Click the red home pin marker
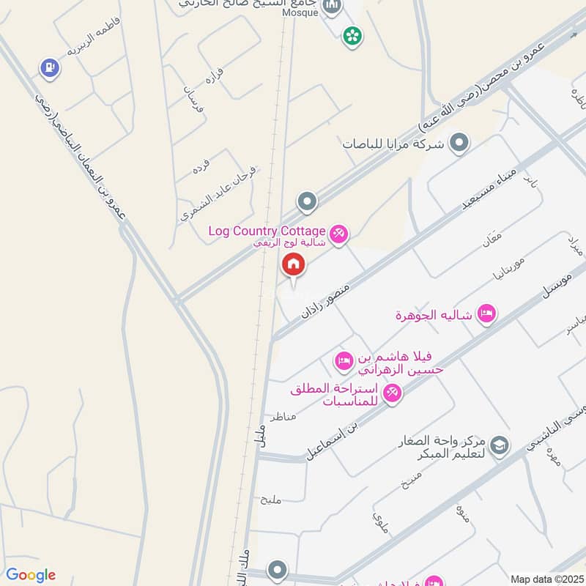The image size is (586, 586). pos(293,264)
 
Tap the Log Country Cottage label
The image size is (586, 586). pos(266,231)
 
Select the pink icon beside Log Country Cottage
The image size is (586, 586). pos(338,234)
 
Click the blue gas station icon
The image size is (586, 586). pos(49,67)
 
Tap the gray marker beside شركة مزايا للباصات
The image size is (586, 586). pos(459,142)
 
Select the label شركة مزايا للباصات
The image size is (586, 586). pos(393,144)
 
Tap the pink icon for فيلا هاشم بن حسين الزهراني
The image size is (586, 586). pos(344,360)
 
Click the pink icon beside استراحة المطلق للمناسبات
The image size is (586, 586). pos(392,393)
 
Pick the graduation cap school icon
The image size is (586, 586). pos(500,445)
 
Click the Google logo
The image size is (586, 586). pos(31,575)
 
